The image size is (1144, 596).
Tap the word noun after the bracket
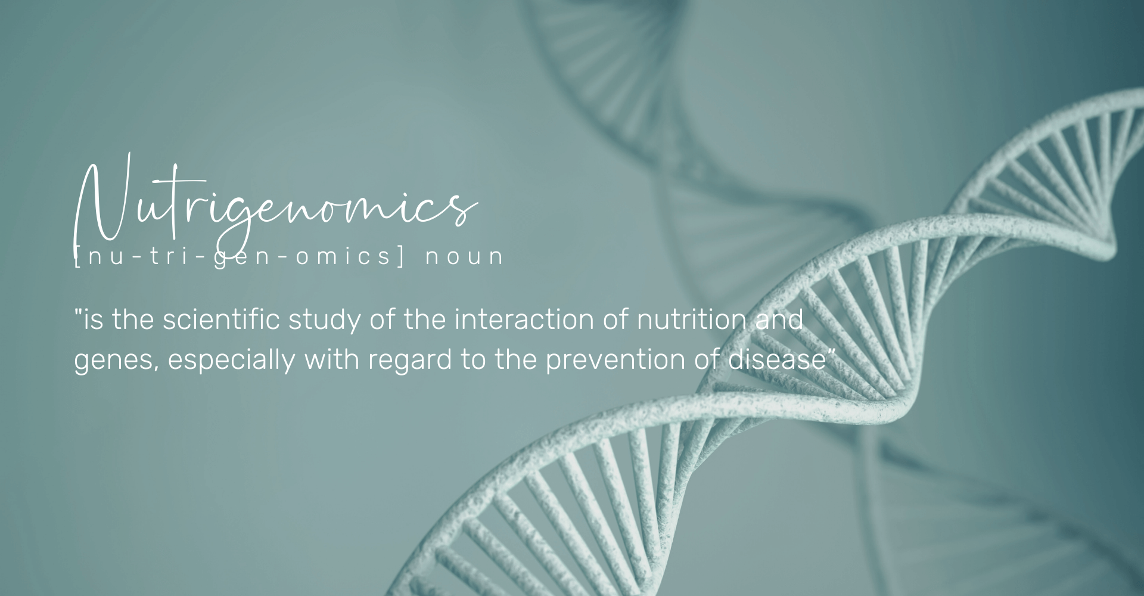coord(465,256)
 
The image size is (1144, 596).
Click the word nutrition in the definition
coord(691,320)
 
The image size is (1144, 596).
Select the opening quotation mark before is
coord(77,312)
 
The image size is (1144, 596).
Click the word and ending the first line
coord(779,320)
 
